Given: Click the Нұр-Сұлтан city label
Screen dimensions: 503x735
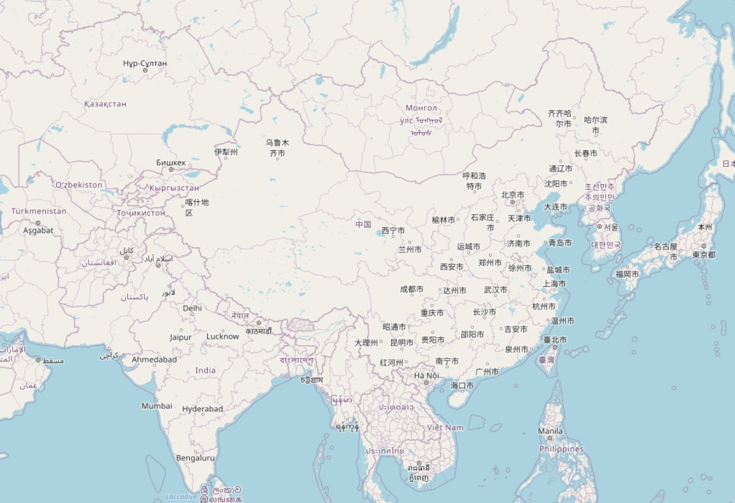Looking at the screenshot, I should [145, 63].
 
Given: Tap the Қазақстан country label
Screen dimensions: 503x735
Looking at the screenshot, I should [105, 104].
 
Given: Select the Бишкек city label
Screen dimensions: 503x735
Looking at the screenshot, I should [171, 162].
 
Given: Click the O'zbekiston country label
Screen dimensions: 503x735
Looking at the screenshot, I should [79, 185].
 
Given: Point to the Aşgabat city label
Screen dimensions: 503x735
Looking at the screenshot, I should [38, 230].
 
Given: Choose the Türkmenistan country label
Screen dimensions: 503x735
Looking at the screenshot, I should [38, 211].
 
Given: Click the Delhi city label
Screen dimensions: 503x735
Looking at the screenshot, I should [192, 308].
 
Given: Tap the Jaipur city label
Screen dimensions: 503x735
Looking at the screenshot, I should [181, 337].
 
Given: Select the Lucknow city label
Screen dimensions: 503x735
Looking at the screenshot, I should [222, 336].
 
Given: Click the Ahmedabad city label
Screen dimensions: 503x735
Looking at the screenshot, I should [154, 359].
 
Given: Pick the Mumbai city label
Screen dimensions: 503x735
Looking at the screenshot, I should [157, 406].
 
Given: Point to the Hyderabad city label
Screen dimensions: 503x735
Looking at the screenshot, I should [203, 408].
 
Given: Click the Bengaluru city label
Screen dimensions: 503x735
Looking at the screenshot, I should [195, 458].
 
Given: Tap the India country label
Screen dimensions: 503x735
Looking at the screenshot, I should [205, 370].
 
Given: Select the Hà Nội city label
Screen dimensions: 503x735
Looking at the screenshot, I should [426, 375].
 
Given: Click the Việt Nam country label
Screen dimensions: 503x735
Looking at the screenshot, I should [445, 427].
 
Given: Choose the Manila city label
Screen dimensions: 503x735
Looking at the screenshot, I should [550, 431].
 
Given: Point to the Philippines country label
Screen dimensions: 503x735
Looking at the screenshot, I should [561, 449].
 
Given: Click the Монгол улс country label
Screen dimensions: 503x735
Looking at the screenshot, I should [421, 114].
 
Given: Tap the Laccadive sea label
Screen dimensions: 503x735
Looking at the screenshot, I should [181, 497].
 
